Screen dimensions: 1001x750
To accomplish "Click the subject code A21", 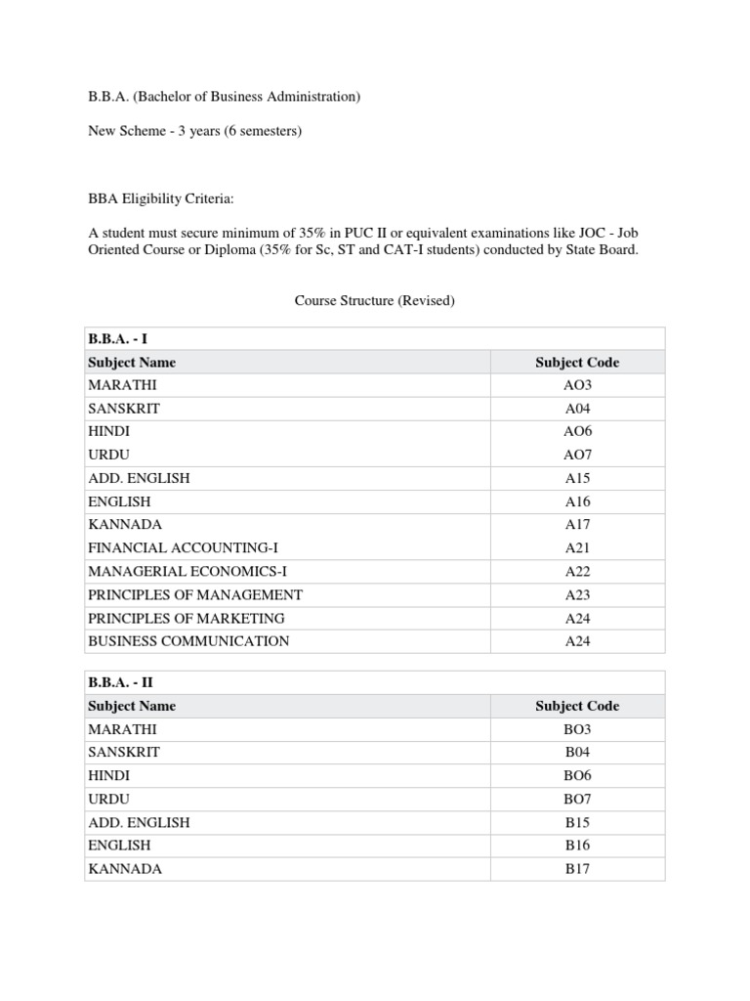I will pyautogui.click(x=576, y=548).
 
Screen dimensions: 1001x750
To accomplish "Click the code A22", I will pyautogui.click(x=576, y=572).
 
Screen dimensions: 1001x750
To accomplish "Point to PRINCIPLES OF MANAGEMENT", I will pyautogui.click(x=195, y=595).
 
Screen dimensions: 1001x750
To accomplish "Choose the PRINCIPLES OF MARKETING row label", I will pyautogui.click(x=187, y=619).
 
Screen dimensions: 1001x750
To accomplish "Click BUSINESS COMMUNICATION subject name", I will pyautogui.click(x=188, y=642).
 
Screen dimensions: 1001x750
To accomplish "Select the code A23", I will pyautogui.click(x=576, y=595).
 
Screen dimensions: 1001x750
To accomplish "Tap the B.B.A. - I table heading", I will pyautogui.click(x=117, y=339).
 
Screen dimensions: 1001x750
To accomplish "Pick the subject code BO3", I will pyautogui.click(x=576, y=729).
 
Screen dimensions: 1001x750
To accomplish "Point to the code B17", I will pyautogui.click(x=576, y=869).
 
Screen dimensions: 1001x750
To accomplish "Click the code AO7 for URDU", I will pyautogui.click(x=576, y=456).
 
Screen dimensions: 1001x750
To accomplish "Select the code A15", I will pyautogui.click(x=576, y=479).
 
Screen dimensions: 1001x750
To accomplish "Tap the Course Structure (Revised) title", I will pyautogui.click(x=375, y=301).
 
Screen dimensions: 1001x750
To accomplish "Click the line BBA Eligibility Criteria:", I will pyautogui.click(x=161, y=199).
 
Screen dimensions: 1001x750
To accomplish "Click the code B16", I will pyautogui.click(x=576, y=846).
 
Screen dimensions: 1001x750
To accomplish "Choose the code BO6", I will pyautogui.click(x=576, y=776).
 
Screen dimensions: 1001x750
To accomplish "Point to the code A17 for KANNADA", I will pyautogui.click(x=576, y=525).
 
